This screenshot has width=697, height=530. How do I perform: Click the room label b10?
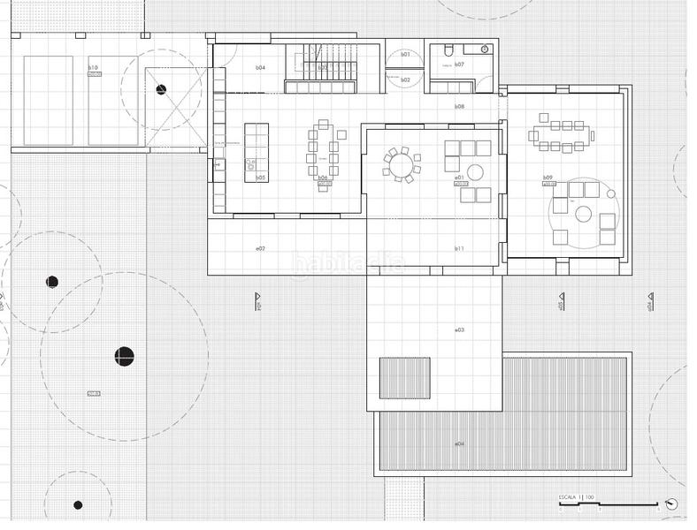click(92, 67)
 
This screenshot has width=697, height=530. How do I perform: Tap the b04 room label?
click(260, 67)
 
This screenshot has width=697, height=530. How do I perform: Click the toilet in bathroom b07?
click(448, 50)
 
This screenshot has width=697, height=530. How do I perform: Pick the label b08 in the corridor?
click(459, 106)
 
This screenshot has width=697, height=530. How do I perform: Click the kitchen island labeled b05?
click(257, 152)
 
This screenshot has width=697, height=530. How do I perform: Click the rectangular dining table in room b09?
click(561, 136)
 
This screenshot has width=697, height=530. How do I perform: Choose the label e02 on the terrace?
click(260, 249)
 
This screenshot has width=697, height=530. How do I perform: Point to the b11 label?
click(459, 249)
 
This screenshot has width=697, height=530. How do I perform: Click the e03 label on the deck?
click(459, 329)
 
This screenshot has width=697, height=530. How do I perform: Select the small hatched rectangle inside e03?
click(404, 377)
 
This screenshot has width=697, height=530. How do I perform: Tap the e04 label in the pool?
click(459, 443)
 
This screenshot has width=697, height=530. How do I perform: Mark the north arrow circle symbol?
click(672, 504)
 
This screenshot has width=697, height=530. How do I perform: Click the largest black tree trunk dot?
click(124, 356)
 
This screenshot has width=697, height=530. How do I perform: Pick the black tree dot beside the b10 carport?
click(161, 89)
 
